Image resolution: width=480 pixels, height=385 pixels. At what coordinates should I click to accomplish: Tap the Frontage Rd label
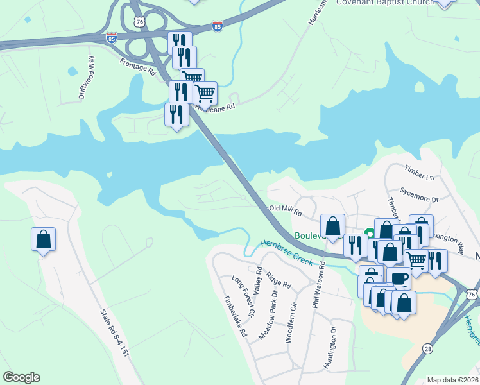(x=138, y=67)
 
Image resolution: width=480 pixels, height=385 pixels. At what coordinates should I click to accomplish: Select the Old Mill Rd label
(x=285, y=209)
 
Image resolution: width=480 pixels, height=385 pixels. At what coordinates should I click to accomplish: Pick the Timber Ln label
(x=419, y=172)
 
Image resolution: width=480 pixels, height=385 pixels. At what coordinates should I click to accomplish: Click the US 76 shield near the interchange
(x=140, y=22)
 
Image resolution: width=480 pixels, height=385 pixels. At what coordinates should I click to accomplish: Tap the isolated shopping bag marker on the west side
(x=43, y=239)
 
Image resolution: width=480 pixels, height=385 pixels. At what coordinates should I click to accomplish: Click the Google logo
(x=21, y=377)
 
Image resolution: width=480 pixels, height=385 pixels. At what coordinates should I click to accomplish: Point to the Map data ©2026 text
(x=452, y=380)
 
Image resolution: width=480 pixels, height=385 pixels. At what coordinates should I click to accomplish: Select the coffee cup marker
(x=399, y=278)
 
